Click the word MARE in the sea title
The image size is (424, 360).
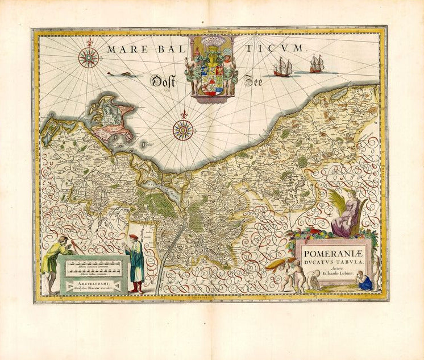tap(121, 50)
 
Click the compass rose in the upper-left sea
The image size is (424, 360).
tap(89, 57)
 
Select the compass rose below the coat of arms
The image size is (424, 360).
tap(182, 130)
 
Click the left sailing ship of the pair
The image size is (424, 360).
tap(282, 68)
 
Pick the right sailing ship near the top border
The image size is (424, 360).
tap(317, 64)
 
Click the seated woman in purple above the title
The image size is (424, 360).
tap(344, 214)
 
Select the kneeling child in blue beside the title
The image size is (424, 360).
tap(367, 281)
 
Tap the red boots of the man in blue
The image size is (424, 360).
tap(136, 288)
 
